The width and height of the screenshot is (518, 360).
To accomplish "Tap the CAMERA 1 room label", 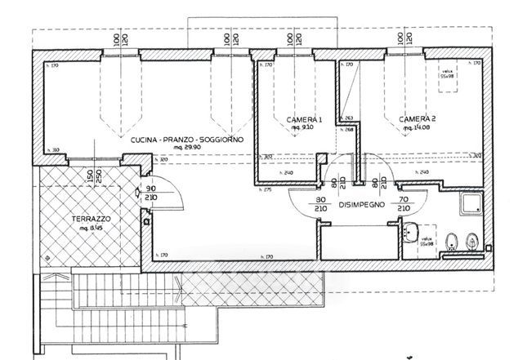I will (304, 120).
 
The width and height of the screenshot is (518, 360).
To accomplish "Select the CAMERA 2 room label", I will (417, 119).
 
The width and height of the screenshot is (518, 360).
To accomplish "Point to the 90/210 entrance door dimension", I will (171, 193).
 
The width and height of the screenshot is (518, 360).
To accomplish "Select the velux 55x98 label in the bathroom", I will (426, 241).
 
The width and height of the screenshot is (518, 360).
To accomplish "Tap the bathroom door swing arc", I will (417, 193).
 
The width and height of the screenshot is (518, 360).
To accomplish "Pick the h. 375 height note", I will (266, 190).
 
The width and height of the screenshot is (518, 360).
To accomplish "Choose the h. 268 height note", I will (348, 129).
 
